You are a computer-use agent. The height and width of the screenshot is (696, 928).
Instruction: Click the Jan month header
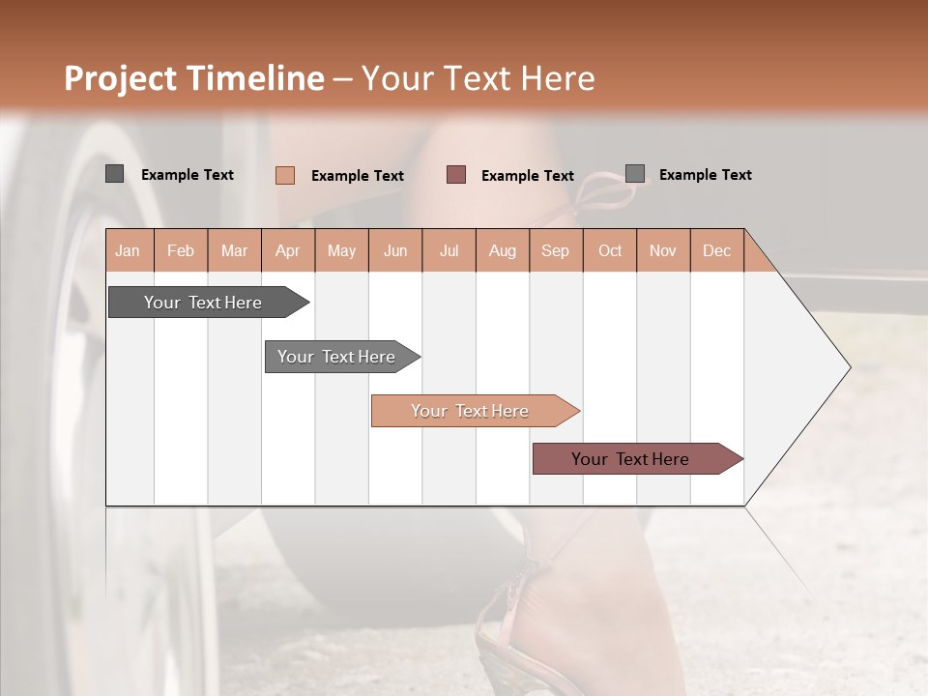(x=129, y=250)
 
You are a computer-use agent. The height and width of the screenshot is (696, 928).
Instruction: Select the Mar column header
(x=234, y=250)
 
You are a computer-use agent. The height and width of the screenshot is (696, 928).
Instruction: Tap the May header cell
(x=341, y=250)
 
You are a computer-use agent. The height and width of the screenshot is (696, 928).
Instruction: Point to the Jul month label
(x=449, y=250)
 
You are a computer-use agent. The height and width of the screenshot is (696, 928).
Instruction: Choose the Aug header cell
(x=502, y=250)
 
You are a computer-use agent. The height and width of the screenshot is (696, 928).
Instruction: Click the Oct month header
(x=609, y=250)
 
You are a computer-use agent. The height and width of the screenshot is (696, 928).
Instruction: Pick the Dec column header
(x=716, y=250)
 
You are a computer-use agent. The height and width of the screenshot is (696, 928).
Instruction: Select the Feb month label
(x=181, y=250)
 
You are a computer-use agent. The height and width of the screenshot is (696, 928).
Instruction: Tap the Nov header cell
(x=662, y=250)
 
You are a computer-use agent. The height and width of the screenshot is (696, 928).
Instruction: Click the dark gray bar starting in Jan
(x=203, y=303)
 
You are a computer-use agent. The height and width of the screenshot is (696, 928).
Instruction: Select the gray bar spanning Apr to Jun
(x=337, y=357)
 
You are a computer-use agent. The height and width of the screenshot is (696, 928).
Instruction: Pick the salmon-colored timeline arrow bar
(x=470, y=411)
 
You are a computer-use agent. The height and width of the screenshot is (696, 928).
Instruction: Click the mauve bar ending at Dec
(x=631, y=459)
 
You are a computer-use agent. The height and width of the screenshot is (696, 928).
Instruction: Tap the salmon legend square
(x=285, y=175)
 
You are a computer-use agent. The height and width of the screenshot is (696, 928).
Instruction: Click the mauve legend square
(x=456, y=175)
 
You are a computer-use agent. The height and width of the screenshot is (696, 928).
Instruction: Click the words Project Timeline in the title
(x=193, y=78)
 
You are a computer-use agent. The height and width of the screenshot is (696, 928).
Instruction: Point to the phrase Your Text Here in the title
(x=478, y=78)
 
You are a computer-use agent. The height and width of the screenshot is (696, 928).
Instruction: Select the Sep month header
(x=555, y=250)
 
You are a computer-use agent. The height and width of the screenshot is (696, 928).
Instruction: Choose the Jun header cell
(x=395, y=250)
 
